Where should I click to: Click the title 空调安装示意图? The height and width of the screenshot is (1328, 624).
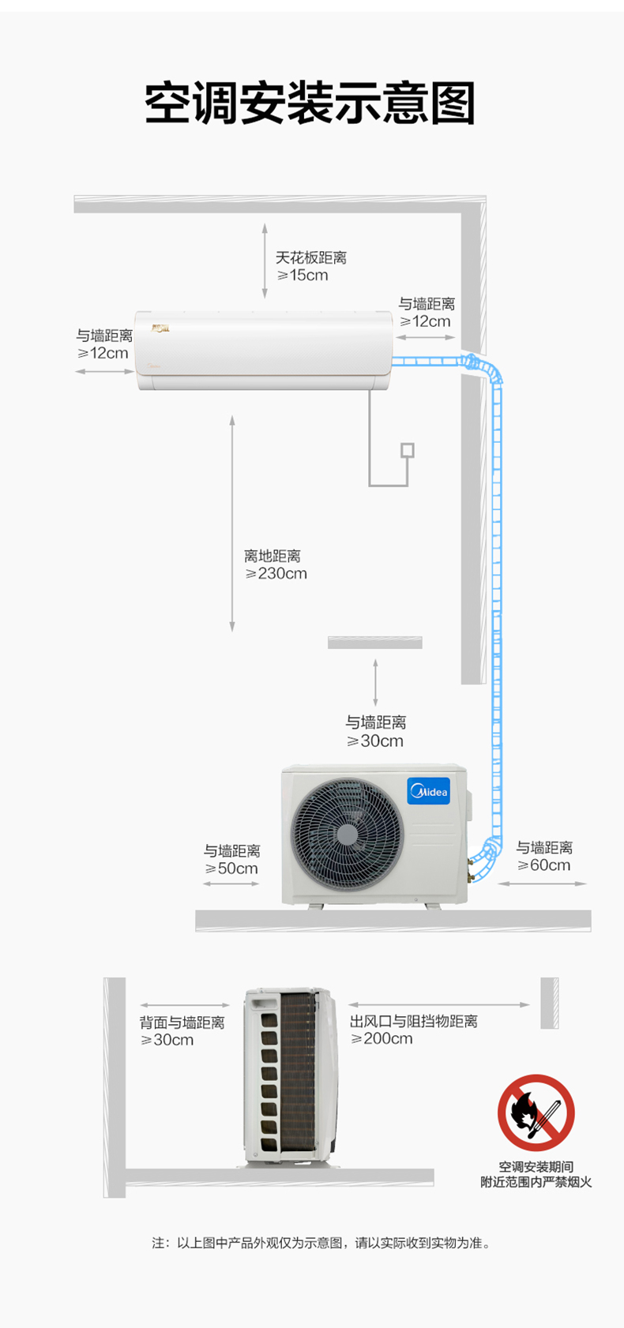pos(310,103)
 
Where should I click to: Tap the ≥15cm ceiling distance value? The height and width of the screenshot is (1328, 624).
pos(303,275)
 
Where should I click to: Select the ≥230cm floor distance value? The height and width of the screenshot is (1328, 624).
pos(276,573)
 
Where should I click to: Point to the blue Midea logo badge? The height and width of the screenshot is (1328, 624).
pos(428,791)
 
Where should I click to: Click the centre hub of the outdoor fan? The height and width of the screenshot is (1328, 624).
pos(347,835)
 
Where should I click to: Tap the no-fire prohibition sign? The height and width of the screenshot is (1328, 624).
pos(536,1112)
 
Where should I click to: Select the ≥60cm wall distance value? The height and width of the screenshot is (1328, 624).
pos(544,865)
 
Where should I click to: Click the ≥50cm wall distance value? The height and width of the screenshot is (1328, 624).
pos(231,868)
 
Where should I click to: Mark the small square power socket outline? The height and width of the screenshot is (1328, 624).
pos(408,450)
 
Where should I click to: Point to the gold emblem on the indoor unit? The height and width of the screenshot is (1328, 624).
pos(160,328)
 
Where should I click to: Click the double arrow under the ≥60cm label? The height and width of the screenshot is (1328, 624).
pos(542,883)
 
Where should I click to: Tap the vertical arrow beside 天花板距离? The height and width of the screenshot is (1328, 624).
pos(265,261)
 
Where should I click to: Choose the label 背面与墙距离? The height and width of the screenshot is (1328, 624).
pos(182,1022)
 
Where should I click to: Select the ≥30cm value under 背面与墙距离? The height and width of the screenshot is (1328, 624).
pos(167,1040)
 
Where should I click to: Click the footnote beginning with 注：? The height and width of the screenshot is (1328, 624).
pos(321,1243)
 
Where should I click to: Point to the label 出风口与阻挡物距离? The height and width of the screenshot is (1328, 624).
pos(413,1021)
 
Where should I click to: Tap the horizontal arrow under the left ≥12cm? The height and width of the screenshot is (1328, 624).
pos(104,372)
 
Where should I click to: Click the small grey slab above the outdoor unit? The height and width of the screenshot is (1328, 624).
pos(375,643)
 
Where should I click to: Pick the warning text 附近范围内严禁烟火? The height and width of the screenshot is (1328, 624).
pos(536,1182)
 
